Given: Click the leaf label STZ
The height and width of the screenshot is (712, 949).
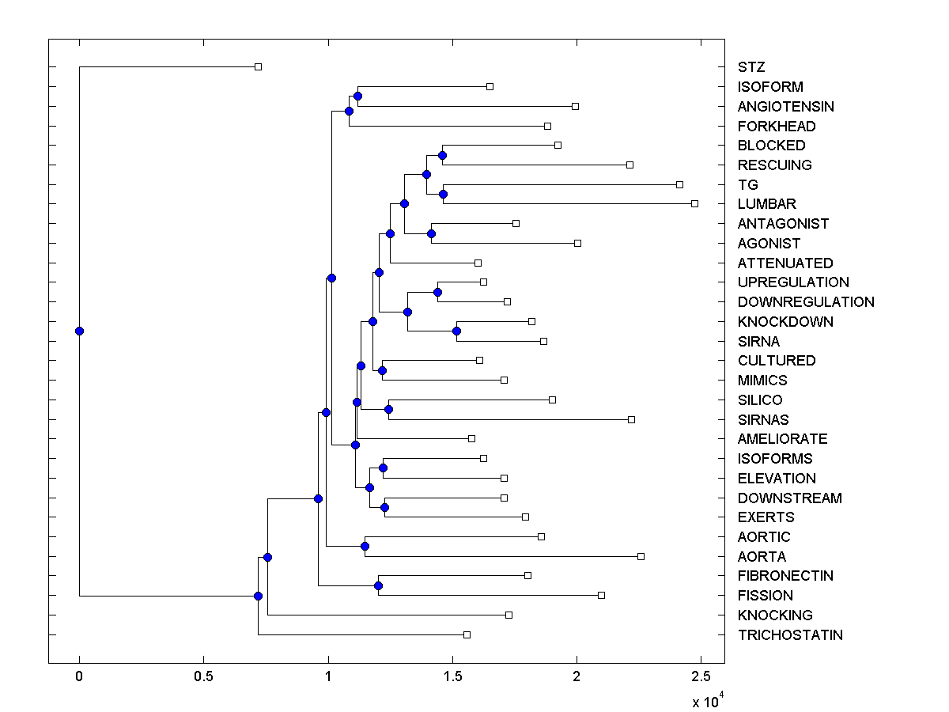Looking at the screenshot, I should [x=751, y=67].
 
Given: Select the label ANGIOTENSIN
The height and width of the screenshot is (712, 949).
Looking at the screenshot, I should [x=785, y=107].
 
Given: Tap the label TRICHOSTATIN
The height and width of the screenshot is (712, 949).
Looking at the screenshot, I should [x=790, y=635].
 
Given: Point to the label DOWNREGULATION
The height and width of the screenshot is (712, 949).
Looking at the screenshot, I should [x=806, y=302].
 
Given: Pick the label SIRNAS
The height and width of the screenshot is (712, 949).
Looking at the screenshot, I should [x=763, y=420].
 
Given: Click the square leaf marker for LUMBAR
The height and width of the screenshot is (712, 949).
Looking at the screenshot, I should [x=694, y=204].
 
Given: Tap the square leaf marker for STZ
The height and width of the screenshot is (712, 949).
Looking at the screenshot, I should [x=258, y=66].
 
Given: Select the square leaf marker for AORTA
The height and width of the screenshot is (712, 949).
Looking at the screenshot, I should [x=641, y=556].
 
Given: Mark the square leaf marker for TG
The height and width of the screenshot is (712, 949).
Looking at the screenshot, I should [x=679, y=184].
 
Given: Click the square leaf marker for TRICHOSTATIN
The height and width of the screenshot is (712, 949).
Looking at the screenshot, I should [x=467, y=634].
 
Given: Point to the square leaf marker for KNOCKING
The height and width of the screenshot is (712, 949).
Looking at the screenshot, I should [x=509, y=615].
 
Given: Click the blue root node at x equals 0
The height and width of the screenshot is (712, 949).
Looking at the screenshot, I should [x=79, y=331].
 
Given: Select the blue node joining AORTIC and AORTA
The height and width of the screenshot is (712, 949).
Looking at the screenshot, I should [x=365, y=546].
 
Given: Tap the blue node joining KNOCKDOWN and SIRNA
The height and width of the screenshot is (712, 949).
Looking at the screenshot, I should [x=456, y=331].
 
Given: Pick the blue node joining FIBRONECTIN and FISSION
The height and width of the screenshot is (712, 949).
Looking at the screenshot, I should [x=378, y=585].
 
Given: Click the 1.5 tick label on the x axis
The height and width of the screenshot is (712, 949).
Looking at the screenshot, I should [x=452, y=677].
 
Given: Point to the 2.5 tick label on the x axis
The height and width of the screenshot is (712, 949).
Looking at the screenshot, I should [x=700, y=677].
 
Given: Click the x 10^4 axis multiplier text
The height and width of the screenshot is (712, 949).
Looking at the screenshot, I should [x=705, y=701].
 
